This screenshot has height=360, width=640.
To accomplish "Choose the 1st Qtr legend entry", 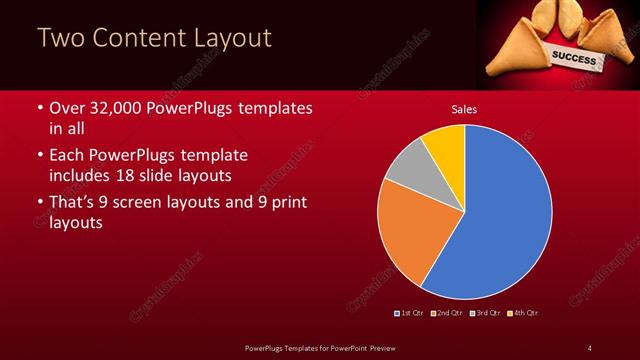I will pyautogui.click(x=409, y=314).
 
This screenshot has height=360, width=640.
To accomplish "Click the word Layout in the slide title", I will pyautogui.click(x=230, y=39).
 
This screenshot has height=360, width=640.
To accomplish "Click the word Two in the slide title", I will pyautogui.click(x=61, y=39).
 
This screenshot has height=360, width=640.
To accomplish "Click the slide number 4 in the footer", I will pyautogui.click(x=589, y=347).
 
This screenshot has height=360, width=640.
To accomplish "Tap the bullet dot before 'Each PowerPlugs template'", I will pyautogui.click(x=39, y=156).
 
